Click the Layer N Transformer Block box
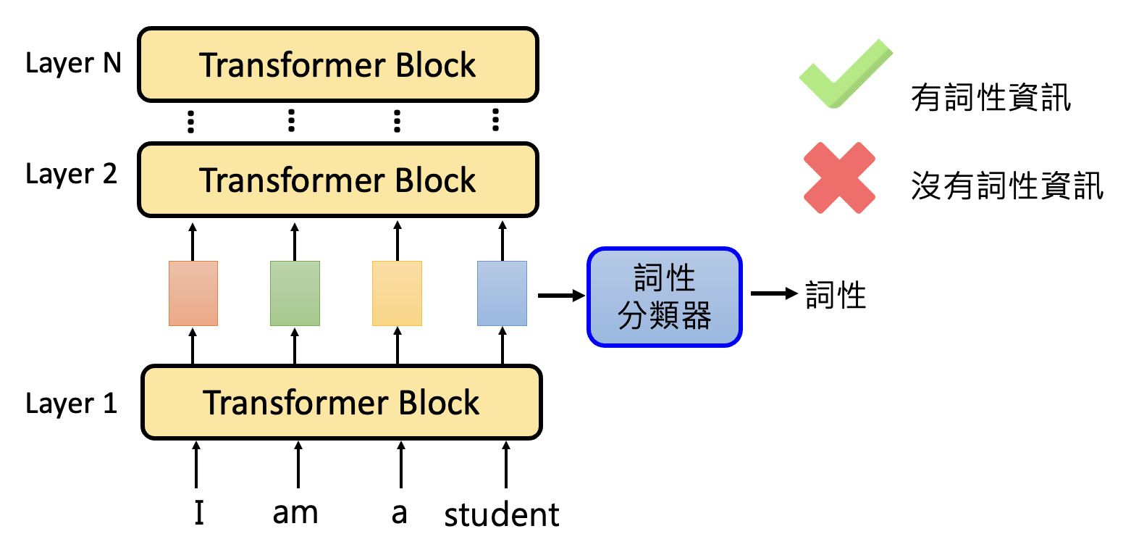[x=338, y=64]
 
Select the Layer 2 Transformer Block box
[x=338, y=180]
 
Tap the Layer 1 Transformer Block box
[x=341, y=402]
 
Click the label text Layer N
[x=73, y=64]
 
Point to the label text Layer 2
[x=71, y=175]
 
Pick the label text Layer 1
[x=71, y=404]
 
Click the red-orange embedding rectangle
[x=193, y=293]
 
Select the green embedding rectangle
[x=295, y=293]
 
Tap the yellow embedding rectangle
[x=397, y=293]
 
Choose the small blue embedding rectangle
[x=502, y=293]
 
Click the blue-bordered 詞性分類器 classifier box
[x=664, y=297]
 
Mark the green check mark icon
[x=845, y=75]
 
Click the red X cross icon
[x=840, y=178]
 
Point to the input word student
[x=502, y=514]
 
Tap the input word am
[x=295, y=513]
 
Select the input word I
[x=198, y=513]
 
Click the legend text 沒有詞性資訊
[x=1007, y=187]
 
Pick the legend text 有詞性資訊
[x=991, y=98]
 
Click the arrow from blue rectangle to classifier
[x=560, y=295]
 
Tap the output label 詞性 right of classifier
[x=836, y=296]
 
